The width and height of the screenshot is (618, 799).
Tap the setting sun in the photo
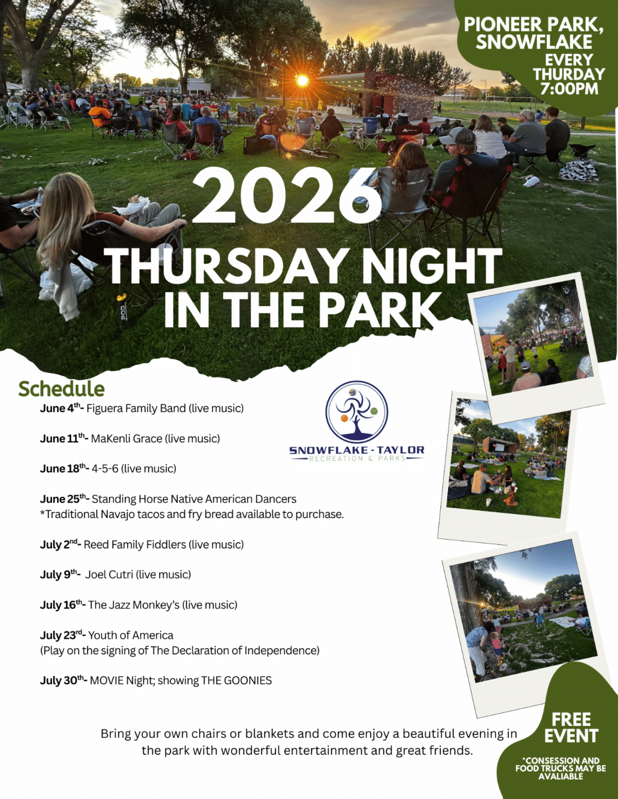[302, 80]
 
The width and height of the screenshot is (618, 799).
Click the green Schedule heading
[61, 389]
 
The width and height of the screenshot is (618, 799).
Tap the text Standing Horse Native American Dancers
[194, 499]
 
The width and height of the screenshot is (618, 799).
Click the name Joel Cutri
[109, 575]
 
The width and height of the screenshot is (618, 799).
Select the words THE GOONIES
[236, 681]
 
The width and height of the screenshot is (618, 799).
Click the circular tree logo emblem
[356, 412]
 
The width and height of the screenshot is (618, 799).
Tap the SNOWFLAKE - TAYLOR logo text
[356, 450]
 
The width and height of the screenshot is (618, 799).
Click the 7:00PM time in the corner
[569, 88]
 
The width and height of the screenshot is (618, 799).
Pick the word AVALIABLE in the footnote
[560, 776]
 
